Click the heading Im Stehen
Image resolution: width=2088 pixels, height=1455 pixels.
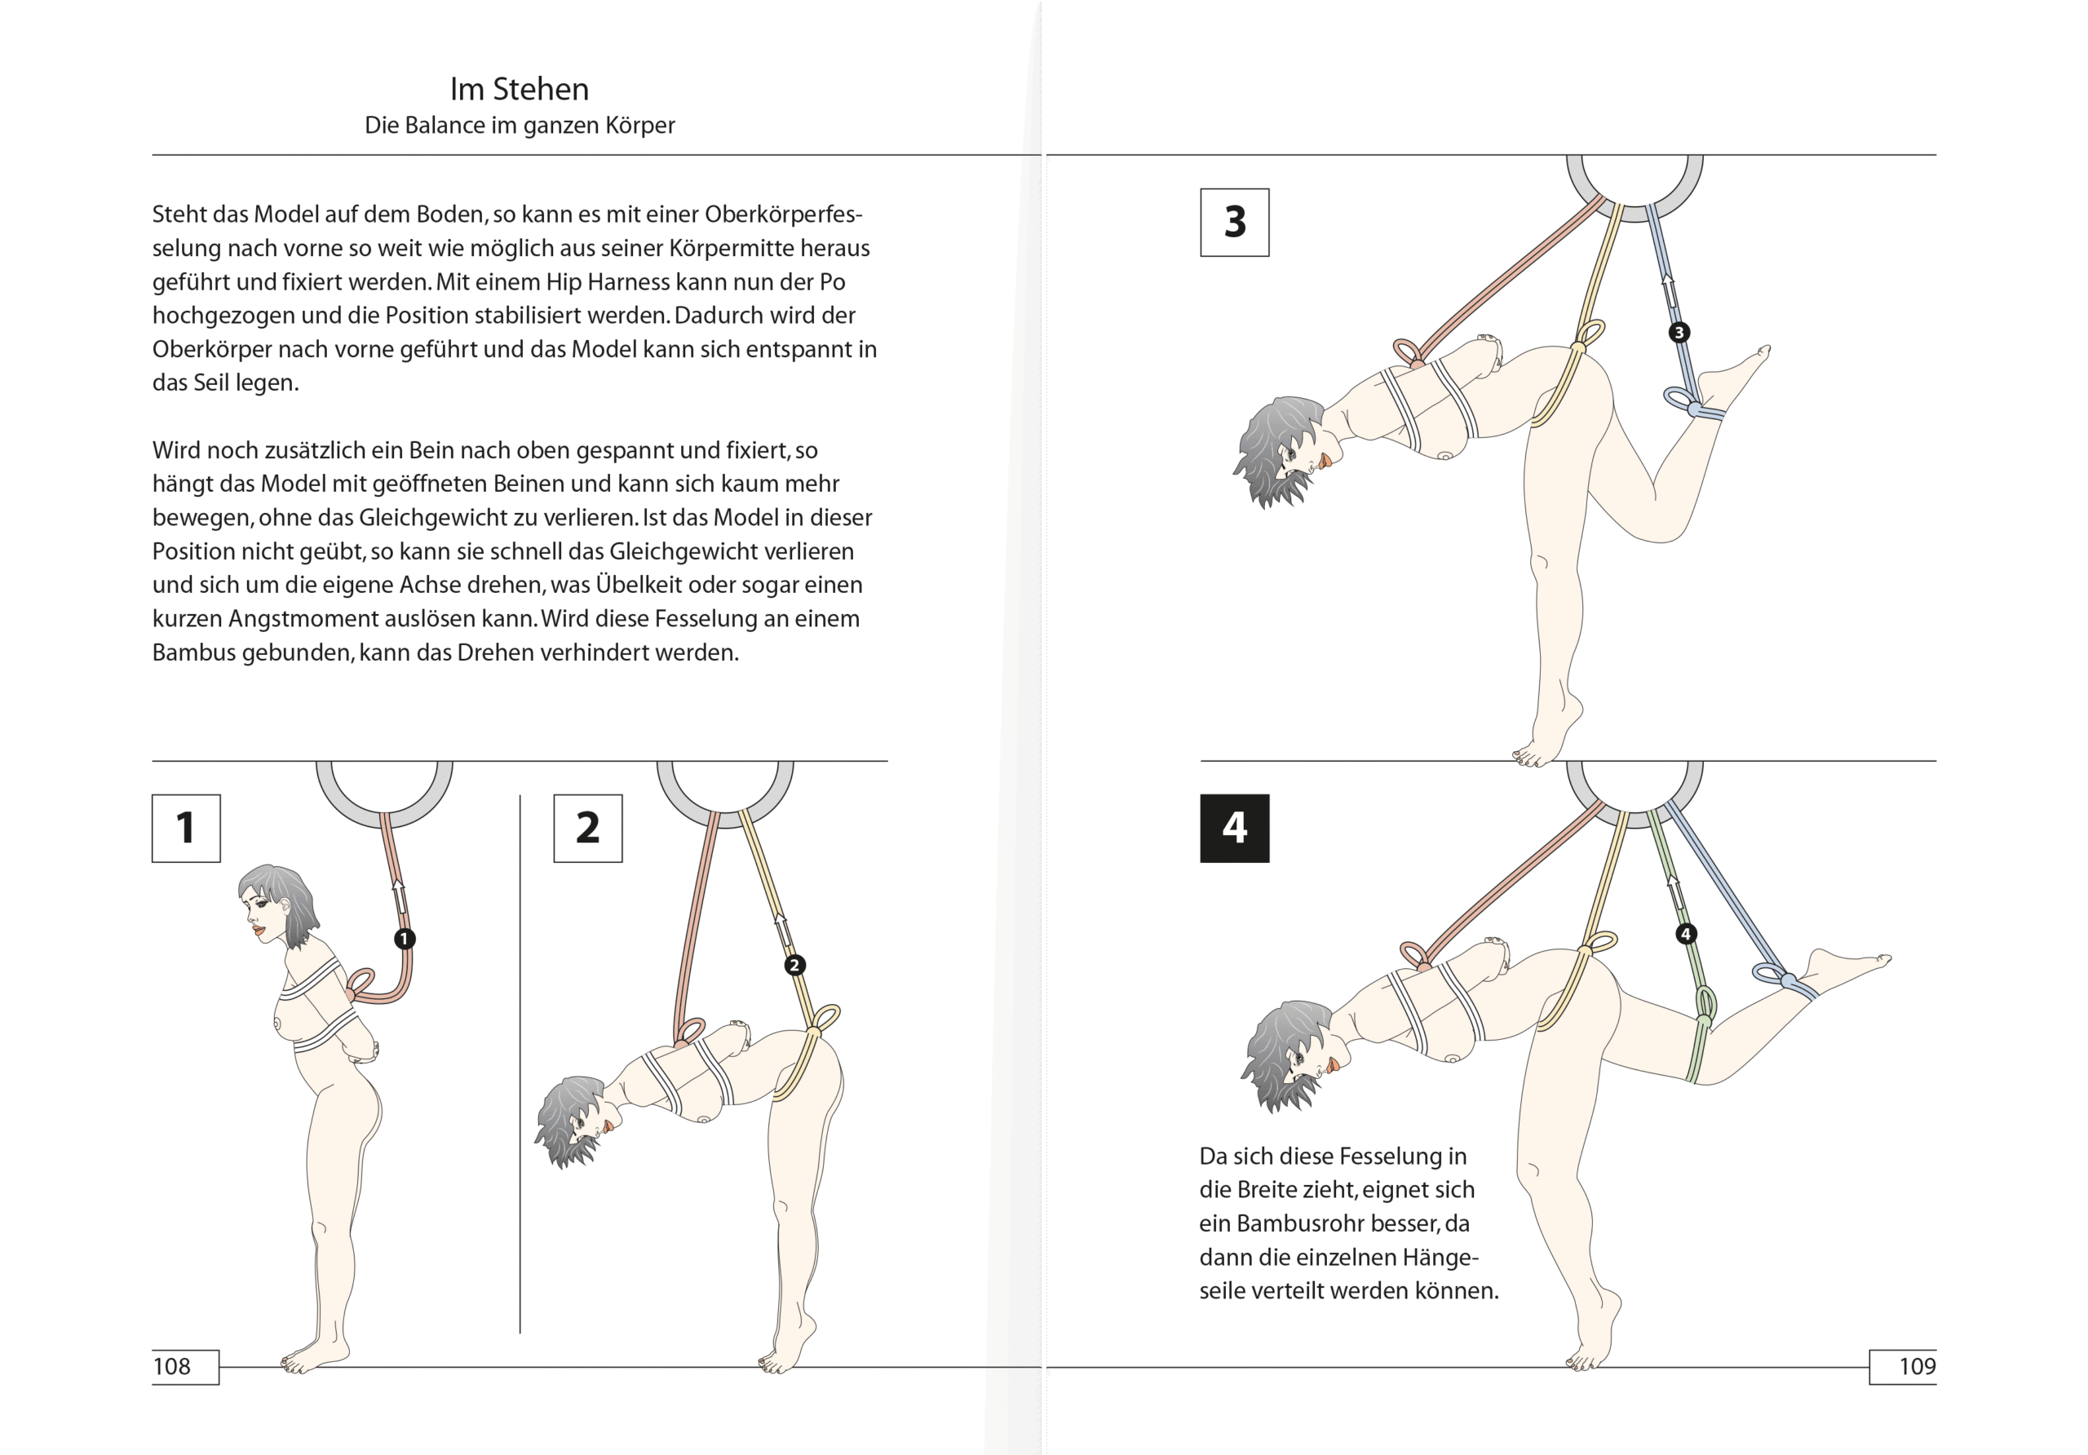coord(520,89)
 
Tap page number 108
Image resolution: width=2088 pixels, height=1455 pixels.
coord(172,1366)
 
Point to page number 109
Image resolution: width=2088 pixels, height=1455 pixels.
coord(1917,1366)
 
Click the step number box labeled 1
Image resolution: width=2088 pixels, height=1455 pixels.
coord(187,829)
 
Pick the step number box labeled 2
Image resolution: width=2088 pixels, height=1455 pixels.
coord(588,829)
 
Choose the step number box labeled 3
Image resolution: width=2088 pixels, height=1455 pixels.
coord(1235,223)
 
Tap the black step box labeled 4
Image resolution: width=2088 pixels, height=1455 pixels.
coord(1235,829)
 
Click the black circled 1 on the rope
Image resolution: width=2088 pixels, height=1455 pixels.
coord(405,939)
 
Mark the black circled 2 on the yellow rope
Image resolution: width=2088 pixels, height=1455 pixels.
coord(794,965)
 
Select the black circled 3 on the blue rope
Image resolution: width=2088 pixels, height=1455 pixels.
coord(1679,332)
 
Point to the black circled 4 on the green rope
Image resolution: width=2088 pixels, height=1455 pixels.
coord(1685,934)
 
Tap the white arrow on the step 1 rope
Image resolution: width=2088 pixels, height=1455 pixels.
coord(398,899)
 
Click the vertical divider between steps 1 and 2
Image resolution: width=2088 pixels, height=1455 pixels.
coord(520,1064)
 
